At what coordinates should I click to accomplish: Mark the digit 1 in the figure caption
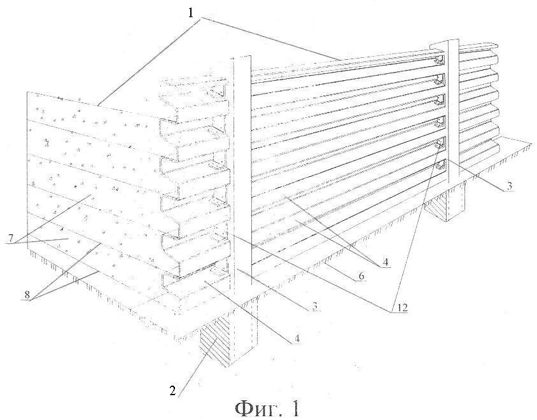294,406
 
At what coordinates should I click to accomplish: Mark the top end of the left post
241,59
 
